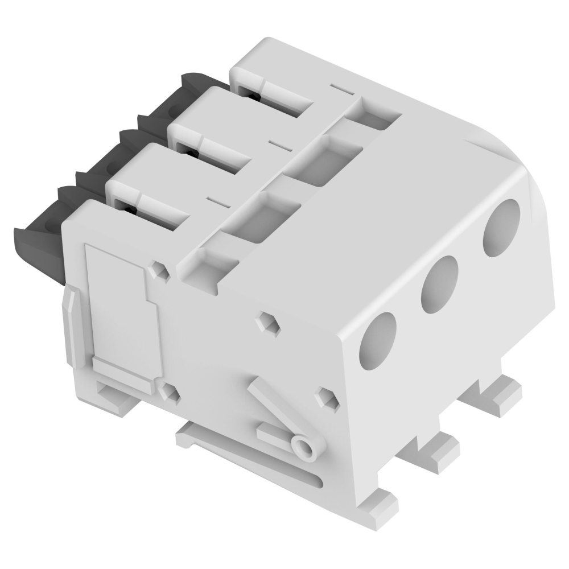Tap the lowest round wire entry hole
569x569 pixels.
click(x=378, y=339)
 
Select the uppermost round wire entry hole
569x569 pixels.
click(x=502, y=228)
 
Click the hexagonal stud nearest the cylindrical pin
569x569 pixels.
click(x=327, y=398)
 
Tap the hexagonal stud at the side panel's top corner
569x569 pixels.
click(x=162, y=271)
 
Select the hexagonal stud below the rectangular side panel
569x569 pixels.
click(x=168, y=392)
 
